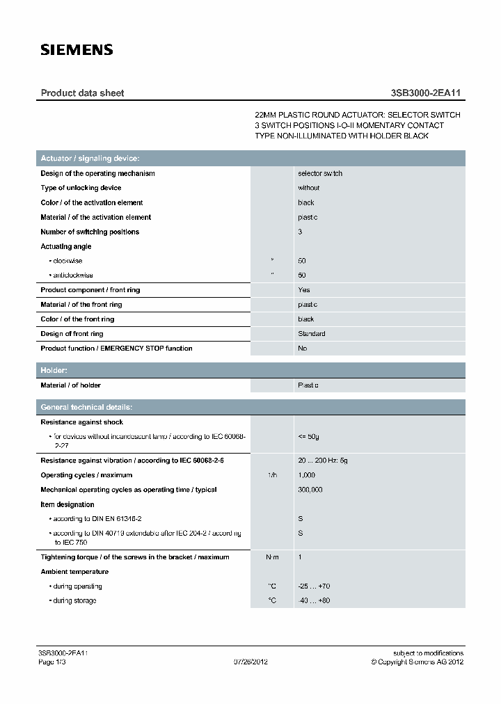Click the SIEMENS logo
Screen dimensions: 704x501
pyautogui.click(x=77, y=49)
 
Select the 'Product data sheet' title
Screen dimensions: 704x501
pyautogui.click(x=82, y=93)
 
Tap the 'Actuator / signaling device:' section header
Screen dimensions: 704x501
pyautogui.click(x=90, y=159)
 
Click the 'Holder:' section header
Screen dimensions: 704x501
pyautogui.click(x=54, y=371)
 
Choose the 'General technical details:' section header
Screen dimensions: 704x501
pyautogui.click(x=87, y=407)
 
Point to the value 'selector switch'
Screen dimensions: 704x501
pyautogui.click(x=320, y=173)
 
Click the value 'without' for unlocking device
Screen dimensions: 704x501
pyautogui.click(x=309, y=188)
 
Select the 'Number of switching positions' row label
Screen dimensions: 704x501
pyautogui.click(x=90, y=232)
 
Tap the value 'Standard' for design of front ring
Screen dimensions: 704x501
pyautogui.click(x=311, y=334)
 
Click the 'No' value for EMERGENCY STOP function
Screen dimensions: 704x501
pyautogui.click(x=303, y=349)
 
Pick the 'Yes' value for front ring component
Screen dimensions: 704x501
pyautogui.click(x=304, y=290)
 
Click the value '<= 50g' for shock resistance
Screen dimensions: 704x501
pyautogui.click(x=308, y=437)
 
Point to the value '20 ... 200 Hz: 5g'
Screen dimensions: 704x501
pyautogui.click(x=322, y=461)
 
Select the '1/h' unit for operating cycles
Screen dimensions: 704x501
pyautogui.click(x=272, y=475)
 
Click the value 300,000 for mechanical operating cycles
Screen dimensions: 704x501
pyautogui.click(x=310, y=490)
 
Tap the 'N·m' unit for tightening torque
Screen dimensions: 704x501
pyautogui.click(x=272, y=557)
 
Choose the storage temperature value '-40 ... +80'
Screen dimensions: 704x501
pyautogui.click(x=314, y=600)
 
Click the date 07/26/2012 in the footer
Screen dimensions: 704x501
pyautogui.click(x=250, y=662)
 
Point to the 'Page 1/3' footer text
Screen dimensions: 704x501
pyautogui.click(x=51, y=662)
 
